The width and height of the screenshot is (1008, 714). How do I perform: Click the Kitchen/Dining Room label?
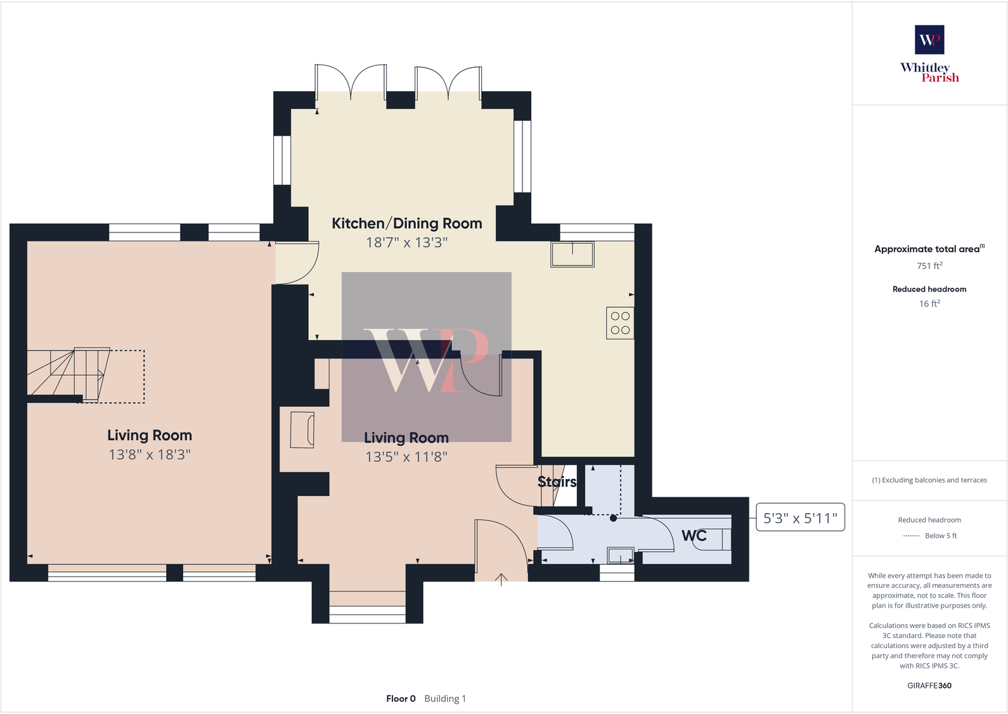[406, 224]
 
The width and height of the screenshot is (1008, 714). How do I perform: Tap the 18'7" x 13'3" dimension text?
[406, 243]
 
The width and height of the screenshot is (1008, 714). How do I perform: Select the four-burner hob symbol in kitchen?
[620, 323]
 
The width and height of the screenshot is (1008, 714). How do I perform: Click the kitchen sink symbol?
[572, 254]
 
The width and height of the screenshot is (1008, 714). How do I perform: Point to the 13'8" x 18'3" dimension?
[150, 455]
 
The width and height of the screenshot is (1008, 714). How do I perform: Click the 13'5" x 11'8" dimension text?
[406, 457]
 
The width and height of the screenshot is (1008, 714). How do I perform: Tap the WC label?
[694, 536]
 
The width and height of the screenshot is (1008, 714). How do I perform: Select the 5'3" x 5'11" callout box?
[800, 518]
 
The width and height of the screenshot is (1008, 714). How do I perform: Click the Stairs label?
[557, 482]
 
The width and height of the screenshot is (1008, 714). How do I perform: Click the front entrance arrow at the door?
[501, 579]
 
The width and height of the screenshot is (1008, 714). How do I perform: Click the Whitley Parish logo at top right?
[929, 54]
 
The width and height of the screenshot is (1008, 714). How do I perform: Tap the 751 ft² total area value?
[929, 266]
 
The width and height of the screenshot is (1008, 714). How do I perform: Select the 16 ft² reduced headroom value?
[929, 304]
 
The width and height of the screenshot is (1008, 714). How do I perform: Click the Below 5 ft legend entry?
[940, 536]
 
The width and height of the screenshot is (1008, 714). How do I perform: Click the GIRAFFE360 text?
[929, 685]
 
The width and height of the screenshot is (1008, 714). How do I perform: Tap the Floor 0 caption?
[401, 699]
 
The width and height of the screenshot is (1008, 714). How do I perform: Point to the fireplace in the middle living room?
[302, 430]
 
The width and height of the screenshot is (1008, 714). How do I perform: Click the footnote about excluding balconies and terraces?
[929, 480]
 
